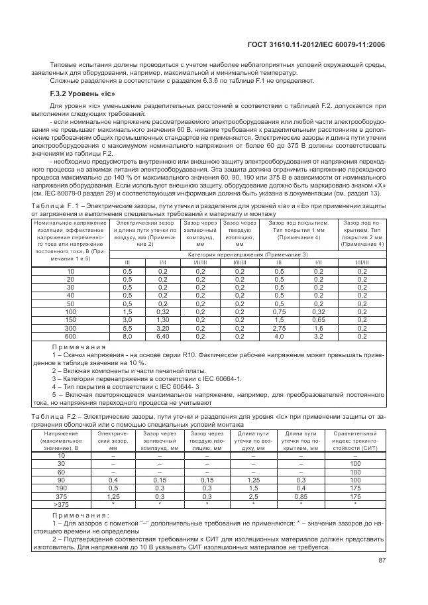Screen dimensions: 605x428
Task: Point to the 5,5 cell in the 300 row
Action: click(128, 328)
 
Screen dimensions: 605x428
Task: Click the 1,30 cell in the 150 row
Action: click(162, 321)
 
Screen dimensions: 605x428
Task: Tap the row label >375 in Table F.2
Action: click(61, 504)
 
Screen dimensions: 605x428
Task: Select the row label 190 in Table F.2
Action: click(61, 488)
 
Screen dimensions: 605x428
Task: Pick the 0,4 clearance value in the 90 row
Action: click(113, 480)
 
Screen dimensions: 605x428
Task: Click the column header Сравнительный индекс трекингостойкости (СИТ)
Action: click(355, 441)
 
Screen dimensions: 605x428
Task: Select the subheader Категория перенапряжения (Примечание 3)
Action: click(248, 254)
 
